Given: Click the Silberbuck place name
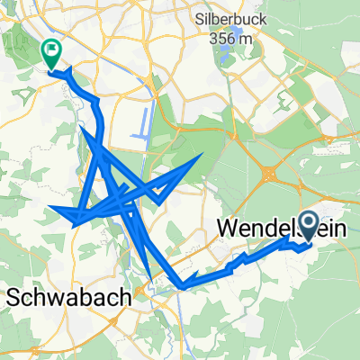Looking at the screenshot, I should [232, 18].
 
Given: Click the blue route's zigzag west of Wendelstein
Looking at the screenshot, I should [236, 263].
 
